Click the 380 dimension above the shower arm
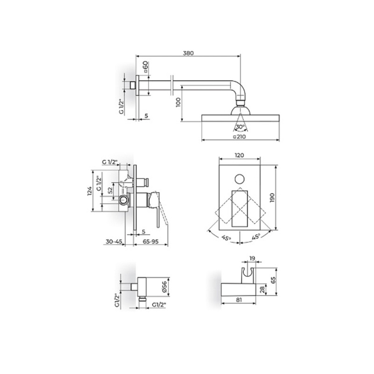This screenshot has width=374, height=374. (x=188, y=53)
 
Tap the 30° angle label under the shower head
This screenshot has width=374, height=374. (x=240, y=127)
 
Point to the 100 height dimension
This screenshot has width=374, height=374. (x=179, y=102)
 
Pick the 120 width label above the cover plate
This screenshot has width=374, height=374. (x=239, y=155)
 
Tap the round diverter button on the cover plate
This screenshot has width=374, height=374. (x=240, y=179)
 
